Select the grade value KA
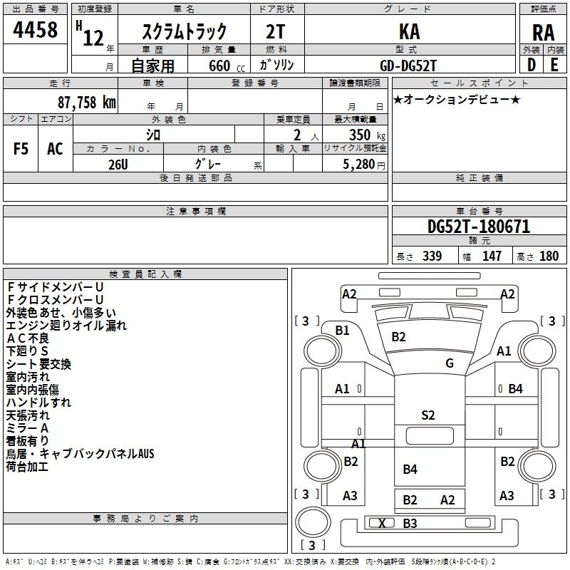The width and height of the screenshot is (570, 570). point(409,32)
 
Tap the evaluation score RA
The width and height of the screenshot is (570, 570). point(543,33)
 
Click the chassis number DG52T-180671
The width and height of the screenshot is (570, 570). point(479,227)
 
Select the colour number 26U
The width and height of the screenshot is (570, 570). point(118,164)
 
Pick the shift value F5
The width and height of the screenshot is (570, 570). point(21,149)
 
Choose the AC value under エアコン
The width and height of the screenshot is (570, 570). point(55,149)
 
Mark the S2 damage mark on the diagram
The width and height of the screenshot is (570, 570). point(427,415)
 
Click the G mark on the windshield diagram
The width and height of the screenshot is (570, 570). point(450,363)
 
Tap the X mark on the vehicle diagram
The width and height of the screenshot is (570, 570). point(383,524)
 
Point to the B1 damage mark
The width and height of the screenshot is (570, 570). point(343,330)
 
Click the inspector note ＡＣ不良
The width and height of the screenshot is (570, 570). point(28,338)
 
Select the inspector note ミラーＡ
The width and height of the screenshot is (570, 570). point(28,427)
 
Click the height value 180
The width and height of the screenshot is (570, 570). point(549,256)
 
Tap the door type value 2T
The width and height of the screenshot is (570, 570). point(276,32)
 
